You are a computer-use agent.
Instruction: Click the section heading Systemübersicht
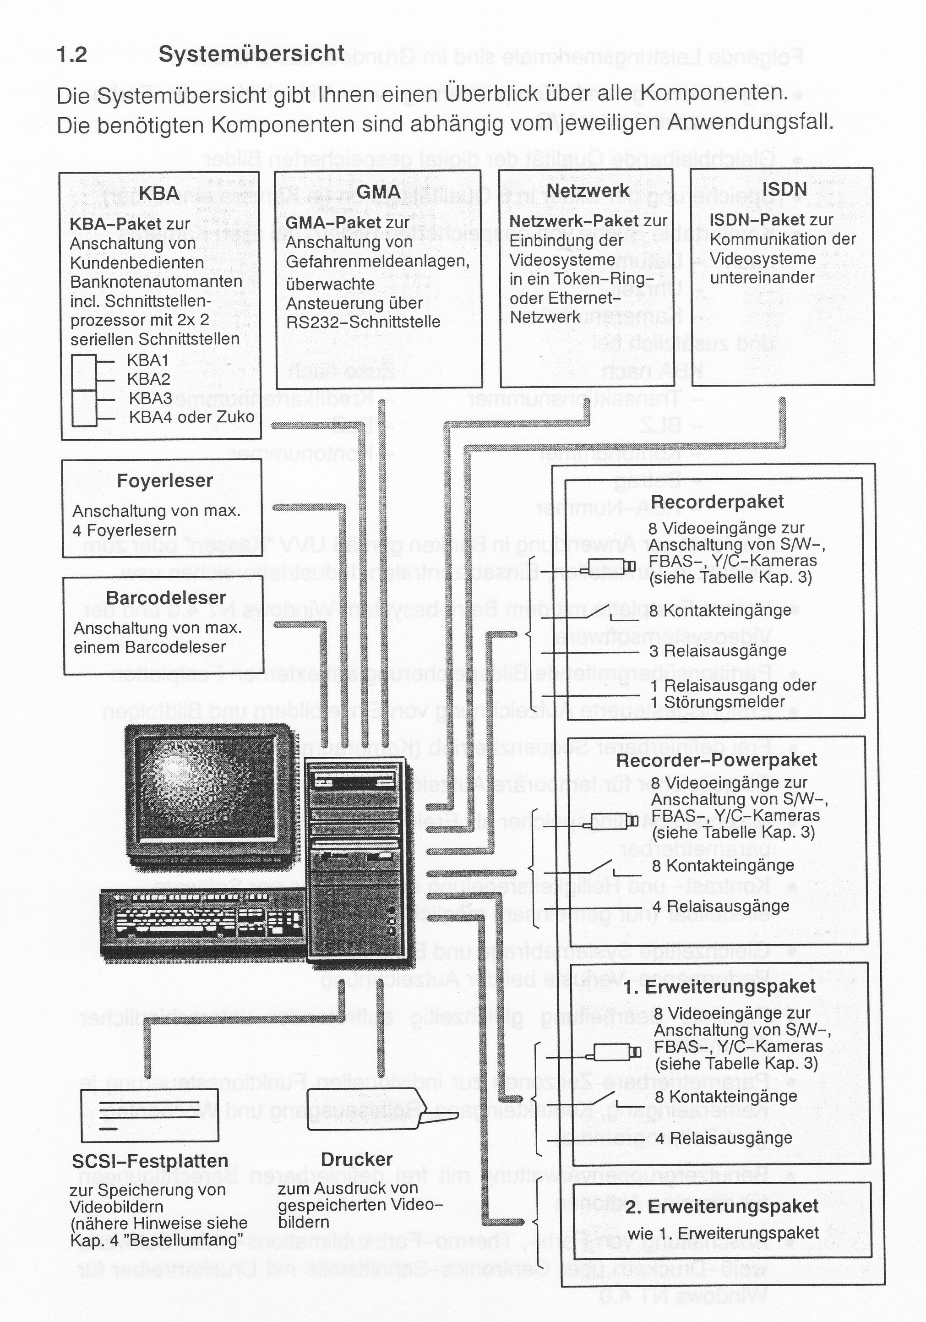[251, 54]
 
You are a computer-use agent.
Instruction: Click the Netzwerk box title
[588, 190]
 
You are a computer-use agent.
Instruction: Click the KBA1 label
[148, 361]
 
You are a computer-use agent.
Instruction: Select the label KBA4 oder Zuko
[191, 417]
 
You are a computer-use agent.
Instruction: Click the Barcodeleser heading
[166, 598]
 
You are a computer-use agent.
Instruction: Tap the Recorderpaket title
[717, 502]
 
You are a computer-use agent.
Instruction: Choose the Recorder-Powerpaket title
[717, 759]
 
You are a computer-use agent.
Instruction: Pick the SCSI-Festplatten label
[150, 1161]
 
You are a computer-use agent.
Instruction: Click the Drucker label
[357, 1159]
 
